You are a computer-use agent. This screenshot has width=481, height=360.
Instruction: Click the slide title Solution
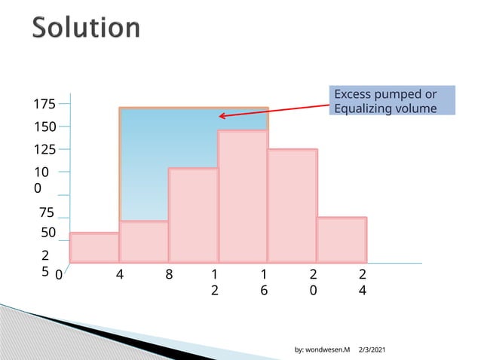87,28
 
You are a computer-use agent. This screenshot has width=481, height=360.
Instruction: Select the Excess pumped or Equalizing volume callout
394,101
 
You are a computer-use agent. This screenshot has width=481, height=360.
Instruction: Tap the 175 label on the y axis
45,104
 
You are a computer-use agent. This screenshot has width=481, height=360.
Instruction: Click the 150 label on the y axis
45,127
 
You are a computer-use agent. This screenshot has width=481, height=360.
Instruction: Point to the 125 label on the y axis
45,150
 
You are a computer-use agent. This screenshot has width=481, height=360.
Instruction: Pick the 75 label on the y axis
47,213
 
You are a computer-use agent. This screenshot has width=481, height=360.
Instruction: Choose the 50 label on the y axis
48,233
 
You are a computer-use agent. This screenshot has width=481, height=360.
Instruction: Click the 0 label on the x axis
59,276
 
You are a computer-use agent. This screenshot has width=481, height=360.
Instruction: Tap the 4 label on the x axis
120,276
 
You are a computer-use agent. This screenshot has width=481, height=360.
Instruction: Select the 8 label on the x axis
169,276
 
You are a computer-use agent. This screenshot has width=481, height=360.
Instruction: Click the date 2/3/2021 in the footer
371,350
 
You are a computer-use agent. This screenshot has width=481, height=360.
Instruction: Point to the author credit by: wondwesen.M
322,350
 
